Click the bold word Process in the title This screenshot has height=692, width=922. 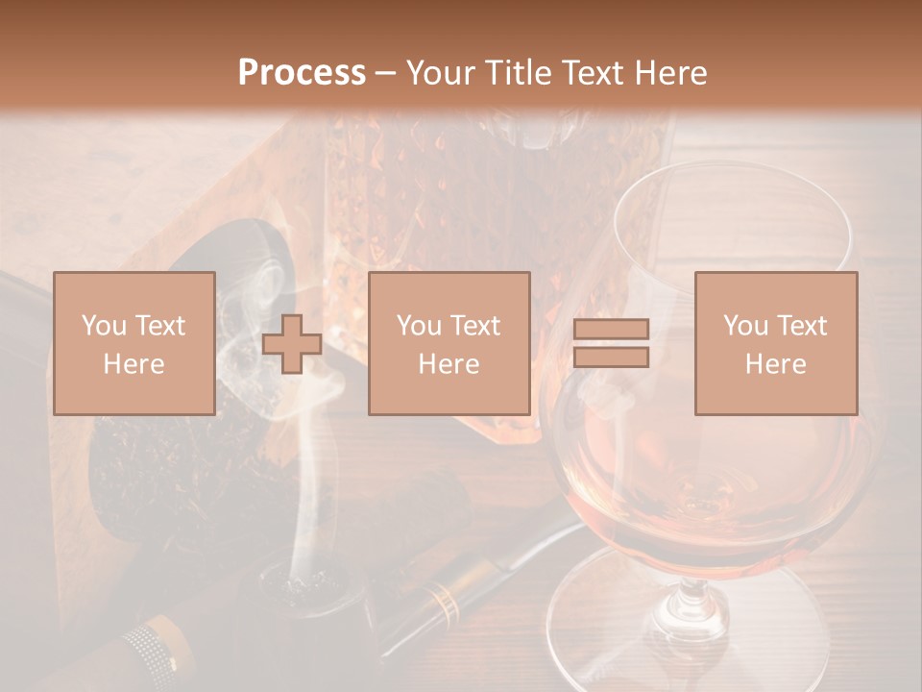click(302, 73)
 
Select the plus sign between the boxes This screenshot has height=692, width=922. click(292, 344)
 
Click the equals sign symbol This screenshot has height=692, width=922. click(611, 343)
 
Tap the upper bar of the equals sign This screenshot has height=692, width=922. click(611, 329)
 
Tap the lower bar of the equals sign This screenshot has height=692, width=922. click(611, 358)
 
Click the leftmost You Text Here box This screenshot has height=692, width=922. click(134, 343)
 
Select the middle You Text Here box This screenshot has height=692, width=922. click(449, 343)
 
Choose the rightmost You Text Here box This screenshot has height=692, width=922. click(776, 343)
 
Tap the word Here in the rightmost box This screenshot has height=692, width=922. click(776, 364)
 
